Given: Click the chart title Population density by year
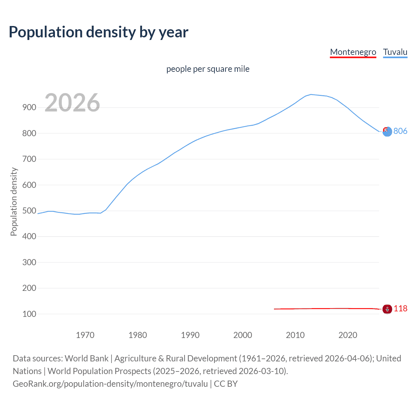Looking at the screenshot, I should click(x=98, y=32).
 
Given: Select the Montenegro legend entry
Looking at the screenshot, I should click(x=353, y=52).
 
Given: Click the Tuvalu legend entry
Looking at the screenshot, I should click(x=395, y=52).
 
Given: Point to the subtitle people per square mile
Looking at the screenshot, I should click(x=208, y=69).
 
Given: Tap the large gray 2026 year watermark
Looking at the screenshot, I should click(x=72, y=103).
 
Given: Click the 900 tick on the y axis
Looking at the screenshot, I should click(x=29, y=108).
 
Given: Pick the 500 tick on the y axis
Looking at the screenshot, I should click(x=29, y=211).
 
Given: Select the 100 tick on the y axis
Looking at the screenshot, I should click(x=29, y=314).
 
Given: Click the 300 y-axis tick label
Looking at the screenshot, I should click(x=29, y=262).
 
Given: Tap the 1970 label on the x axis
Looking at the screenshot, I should click(x=85, y=335).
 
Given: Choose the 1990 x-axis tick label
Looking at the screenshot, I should click(x=190, y=335).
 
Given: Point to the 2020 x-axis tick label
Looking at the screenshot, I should click(x=348, y=335).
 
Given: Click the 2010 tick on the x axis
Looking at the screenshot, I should click(x=295, y=335).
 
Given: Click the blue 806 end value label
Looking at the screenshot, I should click(x=400, y=131).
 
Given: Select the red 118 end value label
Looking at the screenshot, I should click(x=400, y=308).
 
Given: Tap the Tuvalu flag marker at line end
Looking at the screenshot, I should click(x=387, y=132).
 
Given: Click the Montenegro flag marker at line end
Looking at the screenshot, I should click(x=387, y=309).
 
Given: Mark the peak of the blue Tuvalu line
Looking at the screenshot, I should click(x=311, y=95).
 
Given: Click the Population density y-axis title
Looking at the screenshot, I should click(x=14, y=201).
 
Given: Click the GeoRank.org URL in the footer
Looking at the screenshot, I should click(x=110, y=384).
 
